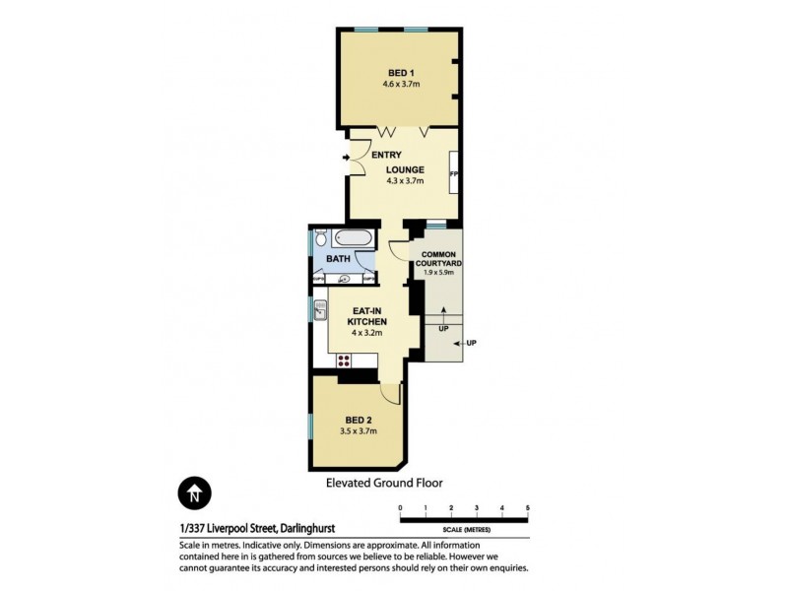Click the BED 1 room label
(400, 74)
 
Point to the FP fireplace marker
(453, 174)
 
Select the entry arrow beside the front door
(345, 158)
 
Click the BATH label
(339, 259)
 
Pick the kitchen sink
(320, 313)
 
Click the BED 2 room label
(359, 420)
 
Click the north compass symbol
(193, 493)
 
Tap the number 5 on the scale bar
(528, 508)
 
